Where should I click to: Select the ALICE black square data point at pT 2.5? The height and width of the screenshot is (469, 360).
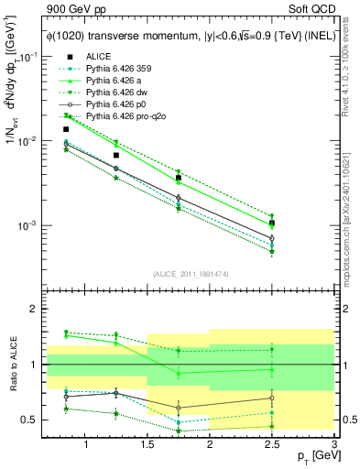271,223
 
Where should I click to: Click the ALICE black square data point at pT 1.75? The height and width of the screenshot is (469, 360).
179,178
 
